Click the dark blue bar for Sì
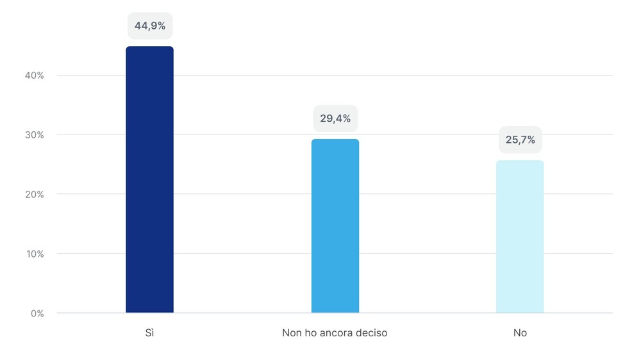click(149, 179)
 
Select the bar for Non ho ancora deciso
click(335, 225)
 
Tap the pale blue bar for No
click(520, 236)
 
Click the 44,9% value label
click(150, 26)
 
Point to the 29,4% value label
click(335, 119)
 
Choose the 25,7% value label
click(520, 140)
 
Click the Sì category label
click(149, 334)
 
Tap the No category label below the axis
click(520, 334)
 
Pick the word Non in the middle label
click(292, 334)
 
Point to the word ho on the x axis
click(310, 334)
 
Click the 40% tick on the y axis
click(35, 76)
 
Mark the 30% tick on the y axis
click(35, 135)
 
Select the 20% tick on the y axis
click(35, 194)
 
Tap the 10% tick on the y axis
click(35, 254)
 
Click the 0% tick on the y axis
click(37, 313)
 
